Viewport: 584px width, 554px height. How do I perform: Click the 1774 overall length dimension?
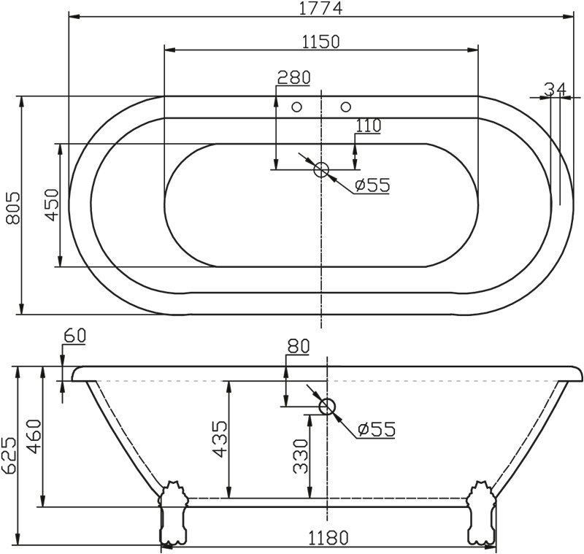point(321,9)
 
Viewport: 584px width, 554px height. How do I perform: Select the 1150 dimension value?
point(321,42)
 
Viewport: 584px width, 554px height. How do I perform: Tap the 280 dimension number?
point(293,77)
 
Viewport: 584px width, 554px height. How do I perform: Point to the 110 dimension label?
point(369,126)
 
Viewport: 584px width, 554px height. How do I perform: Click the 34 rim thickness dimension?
point(555,89)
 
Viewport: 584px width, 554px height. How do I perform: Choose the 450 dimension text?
point(50,206)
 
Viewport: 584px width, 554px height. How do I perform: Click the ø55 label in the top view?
point(372,185)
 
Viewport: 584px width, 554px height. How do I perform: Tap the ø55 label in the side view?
point(377,429)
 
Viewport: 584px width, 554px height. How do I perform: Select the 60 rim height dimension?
point(75,336)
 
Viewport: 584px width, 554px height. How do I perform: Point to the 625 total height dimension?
point(9,456)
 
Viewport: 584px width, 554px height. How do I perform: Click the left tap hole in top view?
point(296,107)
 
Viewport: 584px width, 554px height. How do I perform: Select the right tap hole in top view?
point(345,107)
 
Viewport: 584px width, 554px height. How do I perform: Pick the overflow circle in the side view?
point(327,407)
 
